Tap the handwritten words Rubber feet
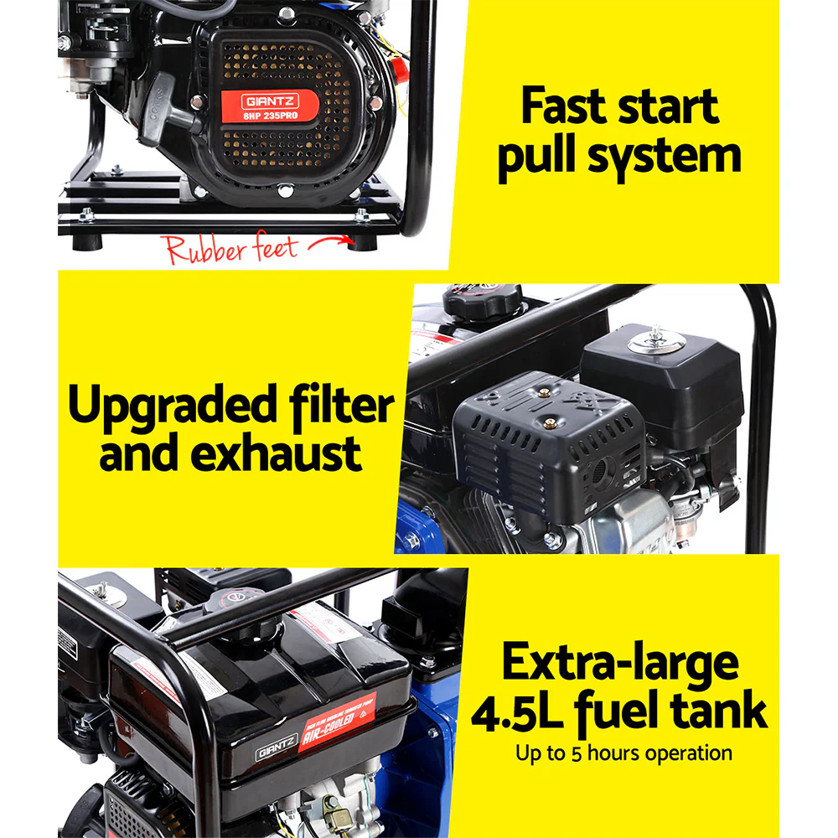click(230, 249)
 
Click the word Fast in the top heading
click(572, 106)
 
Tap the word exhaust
click(277, 453)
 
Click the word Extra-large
click(620, 663)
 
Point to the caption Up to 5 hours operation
click(624, 753)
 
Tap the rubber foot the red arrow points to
click(362, 242)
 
